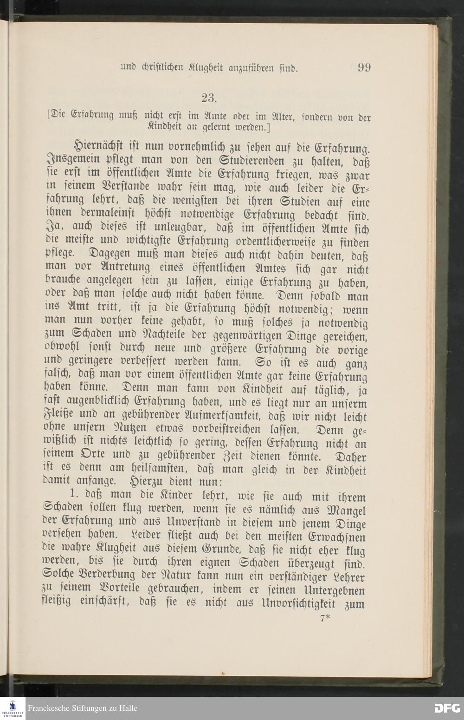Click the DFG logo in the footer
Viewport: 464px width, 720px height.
[447, 708]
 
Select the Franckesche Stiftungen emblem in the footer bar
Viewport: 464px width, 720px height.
[13, 707]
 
